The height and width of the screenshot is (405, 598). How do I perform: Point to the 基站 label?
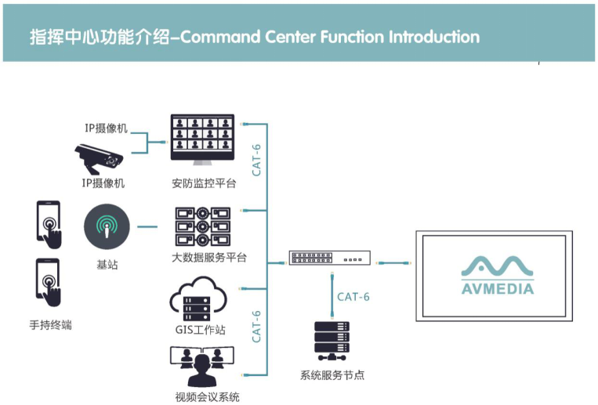point(107,265)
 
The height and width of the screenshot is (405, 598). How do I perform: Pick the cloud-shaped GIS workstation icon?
point(197,301)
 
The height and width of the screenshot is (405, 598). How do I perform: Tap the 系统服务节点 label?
point(332,375)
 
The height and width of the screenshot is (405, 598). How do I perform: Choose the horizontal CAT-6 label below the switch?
point(353,297)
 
